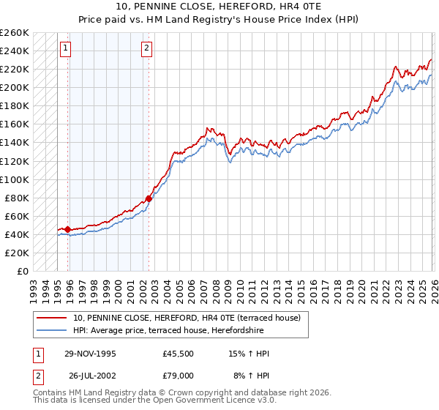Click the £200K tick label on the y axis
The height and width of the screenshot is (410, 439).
15,88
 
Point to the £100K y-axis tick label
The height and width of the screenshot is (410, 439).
15,179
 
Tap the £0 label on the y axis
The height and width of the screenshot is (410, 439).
21,272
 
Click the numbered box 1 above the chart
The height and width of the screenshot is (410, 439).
66,49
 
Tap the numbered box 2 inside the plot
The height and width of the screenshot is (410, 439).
146,49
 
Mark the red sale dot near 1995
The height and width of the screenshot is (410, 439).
68,229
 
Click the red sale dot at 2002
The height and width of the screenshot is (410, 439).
149,198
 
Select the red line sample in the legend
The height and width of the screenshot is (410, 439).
52,318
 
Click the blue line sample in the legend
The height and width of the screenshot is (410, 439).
52,330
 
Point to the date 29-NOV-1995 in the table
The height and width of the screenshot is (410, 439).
90,354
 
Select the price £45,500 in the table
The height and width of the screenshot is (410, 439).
178,354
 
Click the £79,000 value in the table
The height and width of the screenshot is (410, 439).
178,375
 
